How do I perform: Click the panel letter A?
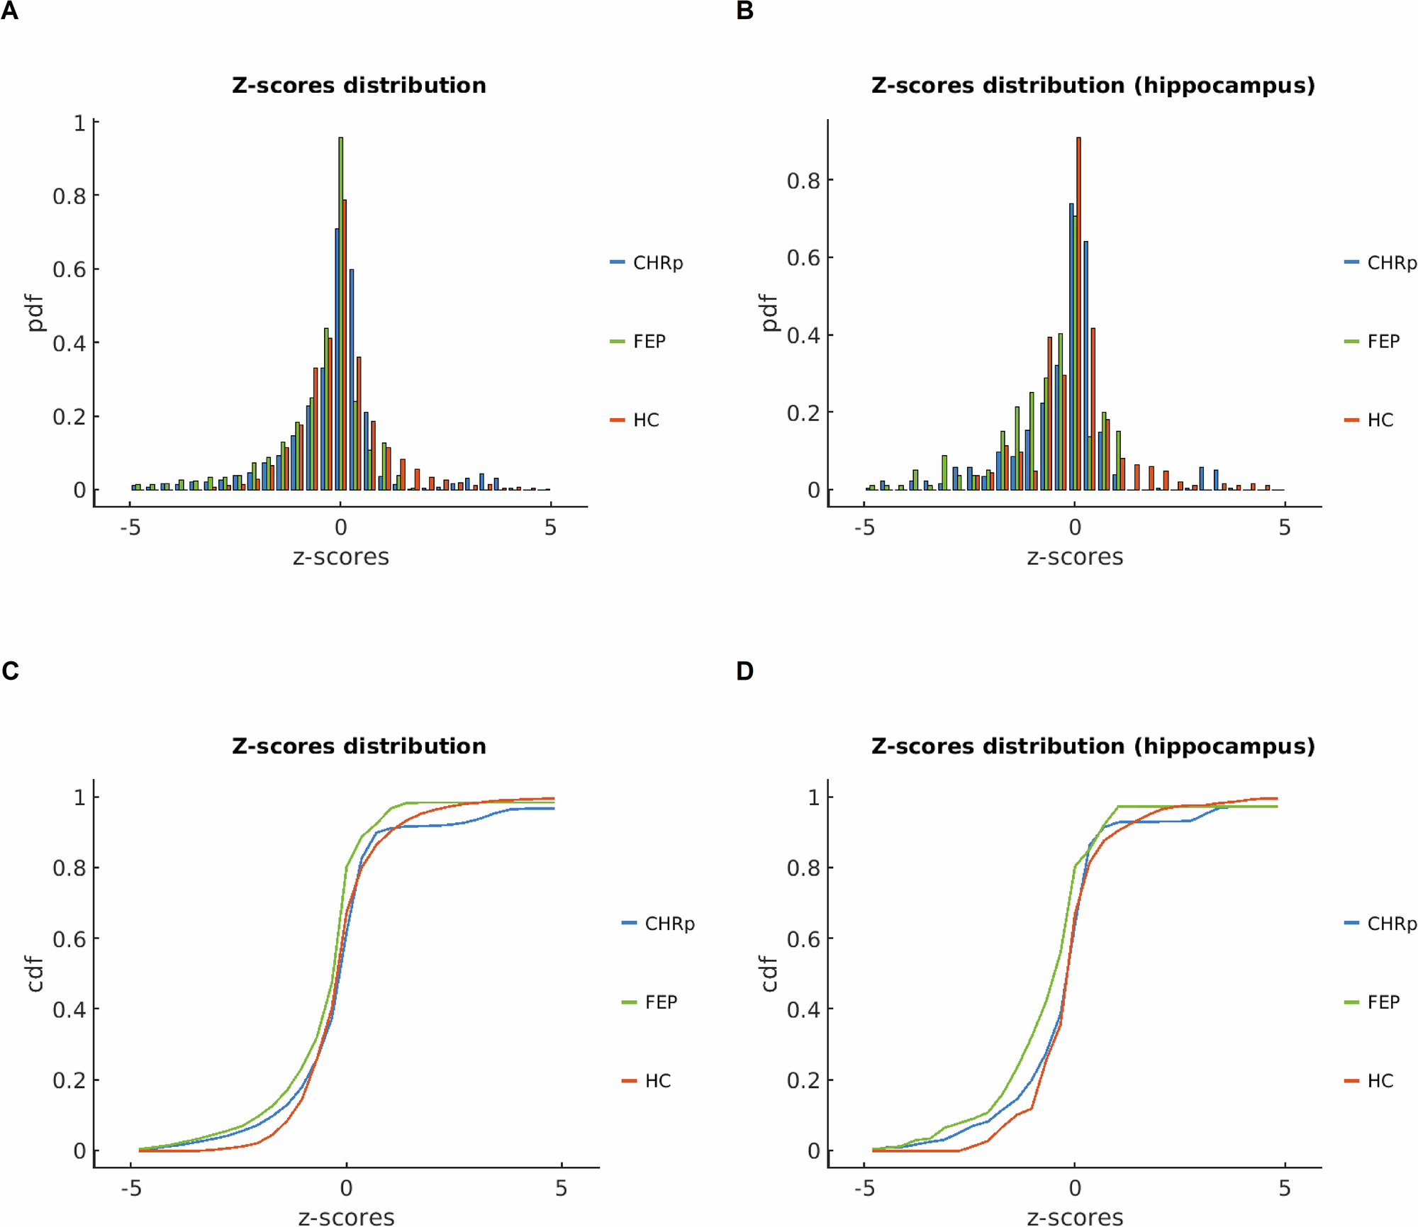point(9,11)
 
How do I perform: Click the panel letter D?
point(744,671)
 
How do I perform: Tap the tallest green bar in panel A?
point(340,312)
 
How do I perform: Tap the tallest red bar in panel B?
point(1078,312)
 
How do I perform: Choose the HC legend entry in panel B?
point(1379,420)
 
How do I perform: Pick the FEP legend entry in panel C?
point(660,1002)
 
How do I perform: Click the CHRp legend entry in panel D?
point(1390,924)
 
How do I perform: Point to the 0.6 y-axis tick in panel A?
point(69,269)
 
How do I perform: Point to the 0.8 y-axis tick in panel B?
point(803,181)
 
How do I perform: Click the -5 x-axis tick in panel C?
point(131,1188)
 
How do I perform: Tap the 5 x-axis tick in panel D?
point(1284,1188)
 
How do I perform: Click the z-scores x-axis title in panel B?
point(1075,557)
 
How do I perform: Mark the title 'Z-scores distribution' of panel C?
point(359,746)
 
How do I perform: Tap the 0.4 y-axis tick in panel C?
point(69,1009)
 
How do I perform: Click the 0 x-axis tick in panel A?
point(340,527)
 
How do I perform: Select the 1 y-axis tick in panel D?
point(814,797)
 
